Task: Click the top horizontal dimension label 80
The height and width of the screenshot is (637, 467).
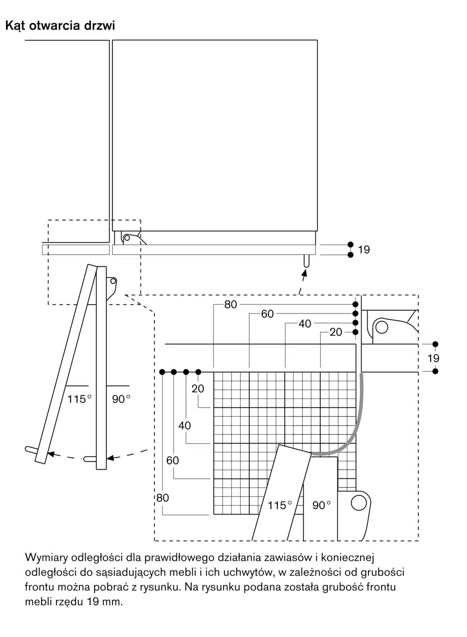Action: tap(231, 304)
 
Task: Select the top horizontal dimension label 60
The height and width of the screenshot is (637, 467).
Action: tap(267, 314)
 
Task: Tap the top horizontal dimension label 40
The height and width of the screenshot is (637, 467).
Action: tap(305, 324)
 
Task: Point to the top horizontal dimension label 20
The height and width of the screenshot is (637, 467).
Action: tap(336, 332)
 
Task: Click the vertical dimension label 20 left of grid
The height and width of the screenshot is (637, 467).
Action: tap(198, 389)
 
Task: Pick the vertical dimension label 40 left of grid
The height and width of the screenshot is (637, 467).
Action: tap(184, 426)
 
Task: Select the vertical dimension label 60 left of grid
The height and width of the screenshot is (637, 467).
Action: tap(173, 461)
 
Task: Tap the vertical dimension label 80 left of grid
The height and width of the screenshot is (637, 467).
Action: tap(162, 498)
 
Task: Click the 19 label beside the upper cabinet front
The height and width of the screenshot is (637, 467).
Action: tap(364, 250)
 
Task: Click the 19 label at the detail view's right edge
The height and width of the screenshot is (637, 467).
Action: tap(433, 358)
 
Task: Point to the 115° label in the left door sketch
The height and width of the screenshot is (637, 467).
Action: tap(79, 399)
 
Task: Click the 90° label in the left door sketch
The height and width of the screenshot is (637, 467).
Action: tap(121, 399)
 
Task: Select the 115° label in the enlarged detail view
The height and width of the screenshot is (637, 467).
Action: tap(280, 505)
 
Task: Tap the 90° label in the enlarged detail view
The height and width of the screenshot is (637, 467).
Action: tap(321, 505)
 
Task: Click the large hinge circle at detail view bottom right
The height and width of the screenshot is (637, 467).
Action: tap(359, 503)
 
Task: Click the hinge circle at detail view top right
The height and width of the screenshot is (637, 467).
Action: tap(382, 327)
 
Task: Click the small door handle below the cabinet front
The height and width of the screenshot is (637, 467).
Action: tap(306, 261)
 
